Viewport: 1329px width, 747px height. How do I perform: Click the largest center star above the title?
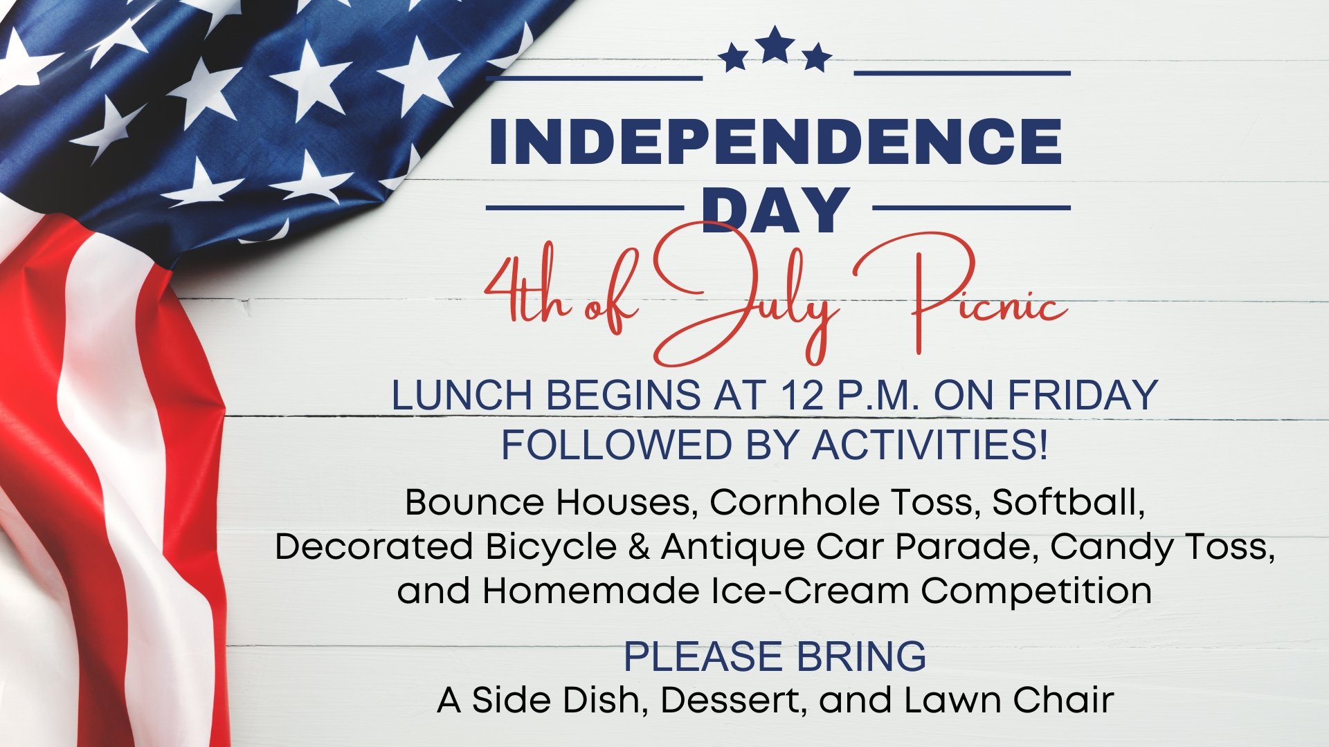(775, 45)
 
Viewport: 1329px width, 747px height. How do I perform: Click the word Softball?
(1069, 502)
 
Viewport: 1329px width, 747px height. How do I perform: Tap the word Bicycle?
(551, 547)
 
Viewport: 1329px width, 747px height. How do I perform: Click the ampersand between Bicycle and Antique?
(639, 547)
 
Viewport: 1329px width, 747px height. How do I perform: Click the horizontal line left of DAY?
(585, 207)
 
